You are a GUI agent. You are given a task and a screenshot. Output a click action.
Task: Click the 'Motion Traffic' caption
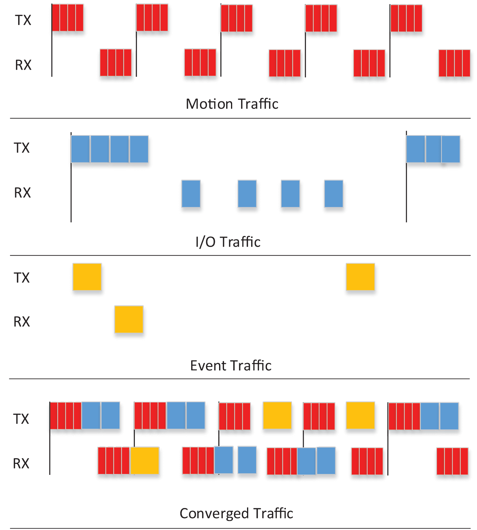(x=232, y=104)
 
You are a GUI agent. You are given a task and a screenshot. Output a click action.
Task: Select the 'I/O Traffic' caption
(x=228, y=242)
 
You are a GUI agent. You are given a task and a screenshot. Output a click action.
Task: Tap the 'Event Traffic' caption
(x=231, y=366)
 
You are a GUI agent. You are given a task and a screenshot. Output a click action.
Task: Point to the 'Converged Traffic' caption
(x=236, y=513)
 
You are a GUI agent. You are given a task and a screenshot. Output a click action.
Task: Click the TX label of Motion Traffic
(x=23, y=20)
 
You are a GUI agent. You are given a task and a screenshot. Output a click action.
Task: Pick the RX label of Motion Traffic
(x=23, y=65)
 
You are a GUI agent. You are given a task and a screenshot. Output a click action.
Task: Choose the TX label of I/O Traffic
(x=22, y=148)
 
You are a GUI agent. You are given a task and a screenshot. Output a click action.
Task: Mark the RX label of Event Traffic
(x=22, y=322)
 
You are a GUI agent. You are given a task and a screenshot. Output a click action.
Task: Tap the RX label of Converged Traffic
(x=21, y=464)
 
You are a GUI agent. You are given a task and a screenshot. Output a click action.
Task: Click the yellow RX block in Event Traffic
(x=129, y=320)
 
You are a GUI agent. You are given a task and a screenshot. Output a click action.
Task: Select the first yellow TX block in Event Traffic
(x=87, y=277)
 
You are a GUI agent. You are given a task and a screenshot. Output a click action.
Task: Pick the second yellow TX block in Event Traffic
(x=360, y=277)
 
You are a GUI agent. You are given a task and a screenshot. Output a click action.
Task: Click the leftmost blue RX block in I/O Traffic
(x=191, y=194)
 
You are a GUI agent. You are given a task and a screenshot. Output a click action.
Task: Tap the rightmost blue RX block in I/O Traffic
(x=334, y=194)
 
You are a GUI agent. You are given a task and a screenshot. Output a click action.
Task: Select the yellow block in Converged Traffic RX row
(x=145, y=461)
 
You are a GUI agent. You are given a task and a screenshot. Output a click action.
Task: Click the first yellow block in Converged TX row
(x=277, y=415)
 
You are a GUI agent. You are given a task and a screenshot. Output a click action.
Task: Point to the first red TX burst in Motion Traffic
(x=68, y=18)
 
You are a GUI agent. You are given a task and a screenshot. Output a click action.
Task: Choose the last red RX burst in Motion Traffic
(x=454, y=63)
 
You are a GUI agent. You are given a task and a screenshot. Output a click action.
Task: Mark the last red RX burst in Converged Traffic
(x=452, y=461)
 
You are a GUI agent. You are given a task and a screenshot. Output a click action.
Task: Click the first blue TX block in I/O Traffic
(x=80, y=149)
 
